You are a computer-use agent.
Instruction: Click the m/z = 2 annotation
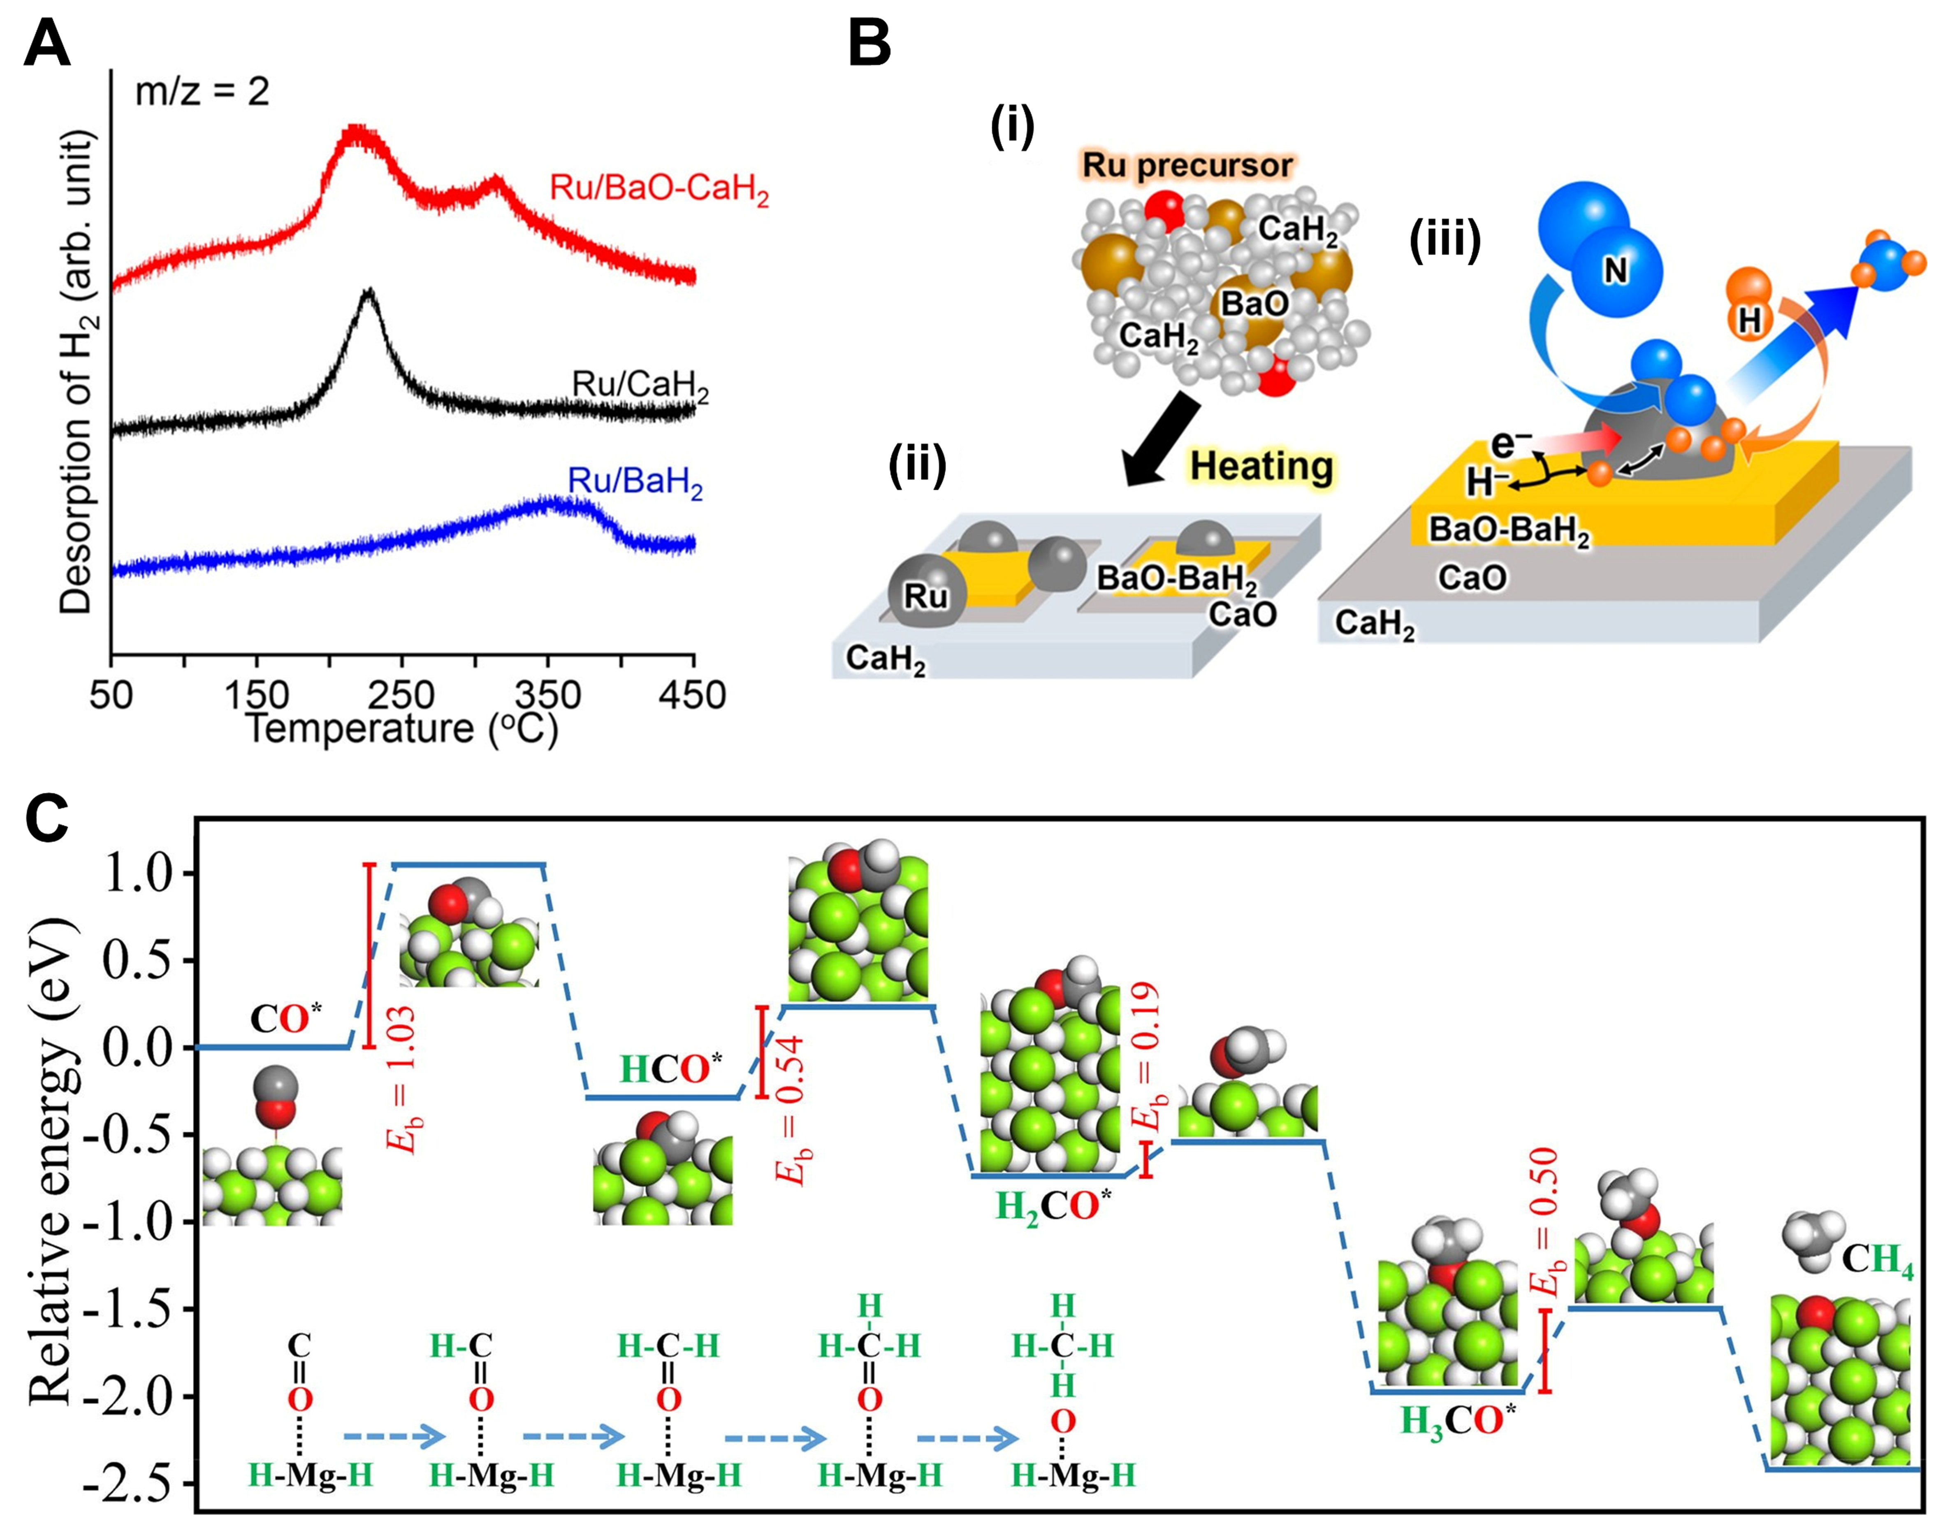click(202, 92)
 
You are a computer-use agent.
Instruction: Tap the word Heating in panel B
click(1261, 466)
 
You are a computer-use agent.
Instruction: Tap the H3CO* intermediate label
click(1457, 1422)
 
